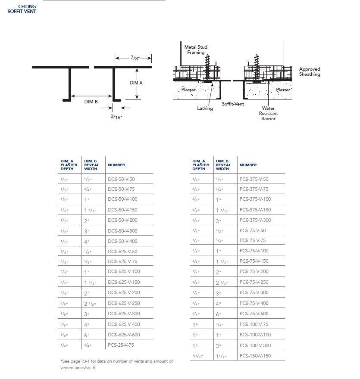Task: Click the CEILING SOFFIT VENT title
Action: [x=22, y=9]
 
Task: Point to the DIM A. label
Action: [x=136, y=83]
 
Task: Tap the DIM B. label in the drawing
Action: [x=91, y=102]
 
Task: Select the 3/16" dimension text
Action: [x=116, y=116]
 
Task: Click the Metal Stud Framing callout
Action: [x=196, y=50]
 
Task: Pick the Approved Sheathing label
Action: [x=310, y=71]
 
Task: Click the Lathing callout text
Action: [x=205, y=109]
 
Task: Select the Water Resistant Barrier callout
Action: [x=269, y=114]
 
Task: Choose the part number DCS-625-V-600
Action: [x=124, y=334]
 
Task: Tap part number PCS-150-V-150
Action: [x=255, y=356]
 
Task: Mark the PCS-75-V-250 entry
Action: [x=254, y=282]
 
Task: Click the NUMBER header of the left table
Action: [x=116, y=165]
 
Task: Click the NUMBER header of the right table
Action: [x=248, y=165]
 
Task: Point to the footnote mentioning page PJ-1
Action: [x=116, y=364]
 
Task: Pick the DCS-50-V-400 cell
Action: [x=122, y=241]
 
